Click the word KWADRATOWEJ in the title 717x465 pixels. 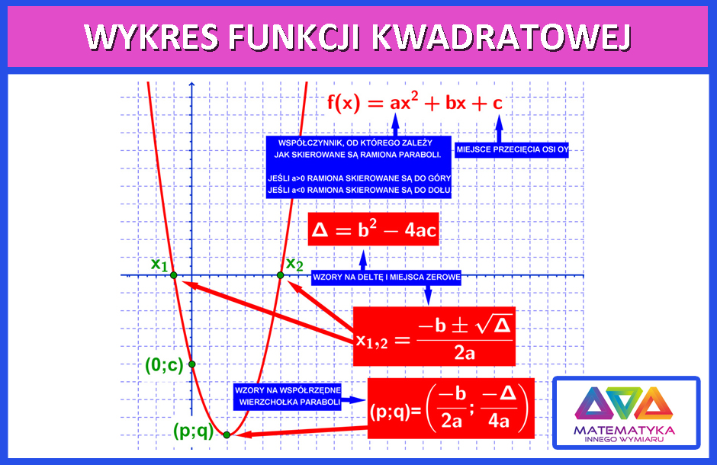502,37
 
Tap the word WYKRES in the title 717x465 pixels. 151,37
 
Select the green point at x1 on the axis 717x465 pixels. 174,275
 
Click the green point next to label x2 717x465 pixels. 280,275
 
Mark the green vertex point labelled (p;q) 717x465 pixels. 227,435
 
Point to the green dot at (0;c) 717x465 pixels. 192,364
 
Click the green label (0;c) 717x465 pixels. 164,364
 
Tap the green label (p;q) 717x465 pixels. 194,430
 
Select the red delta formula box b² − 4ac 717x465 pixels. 373,229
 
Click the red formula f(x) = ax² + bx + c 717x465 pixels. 415,102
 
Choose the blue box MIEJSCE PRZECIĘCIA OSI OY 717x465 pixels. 512,150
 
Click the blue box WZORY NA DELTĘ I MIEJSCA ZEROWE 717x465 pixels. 386,277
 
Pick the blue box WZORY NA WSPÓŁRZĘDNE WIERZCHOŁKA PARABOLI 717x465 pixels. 288,396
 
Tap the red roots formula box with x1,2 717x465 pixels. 434,337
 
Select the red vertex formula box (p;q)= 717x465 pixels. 451,409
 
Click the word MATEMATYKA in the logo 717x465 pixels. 624,430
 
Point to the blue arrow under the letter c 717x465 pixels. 500,128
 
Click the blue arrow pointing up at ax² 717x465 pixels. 396,124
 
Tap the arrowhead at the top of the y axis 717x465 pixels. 191,84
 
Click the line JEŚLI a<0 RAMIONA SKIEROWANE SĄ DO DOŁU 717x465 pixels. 359,190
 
